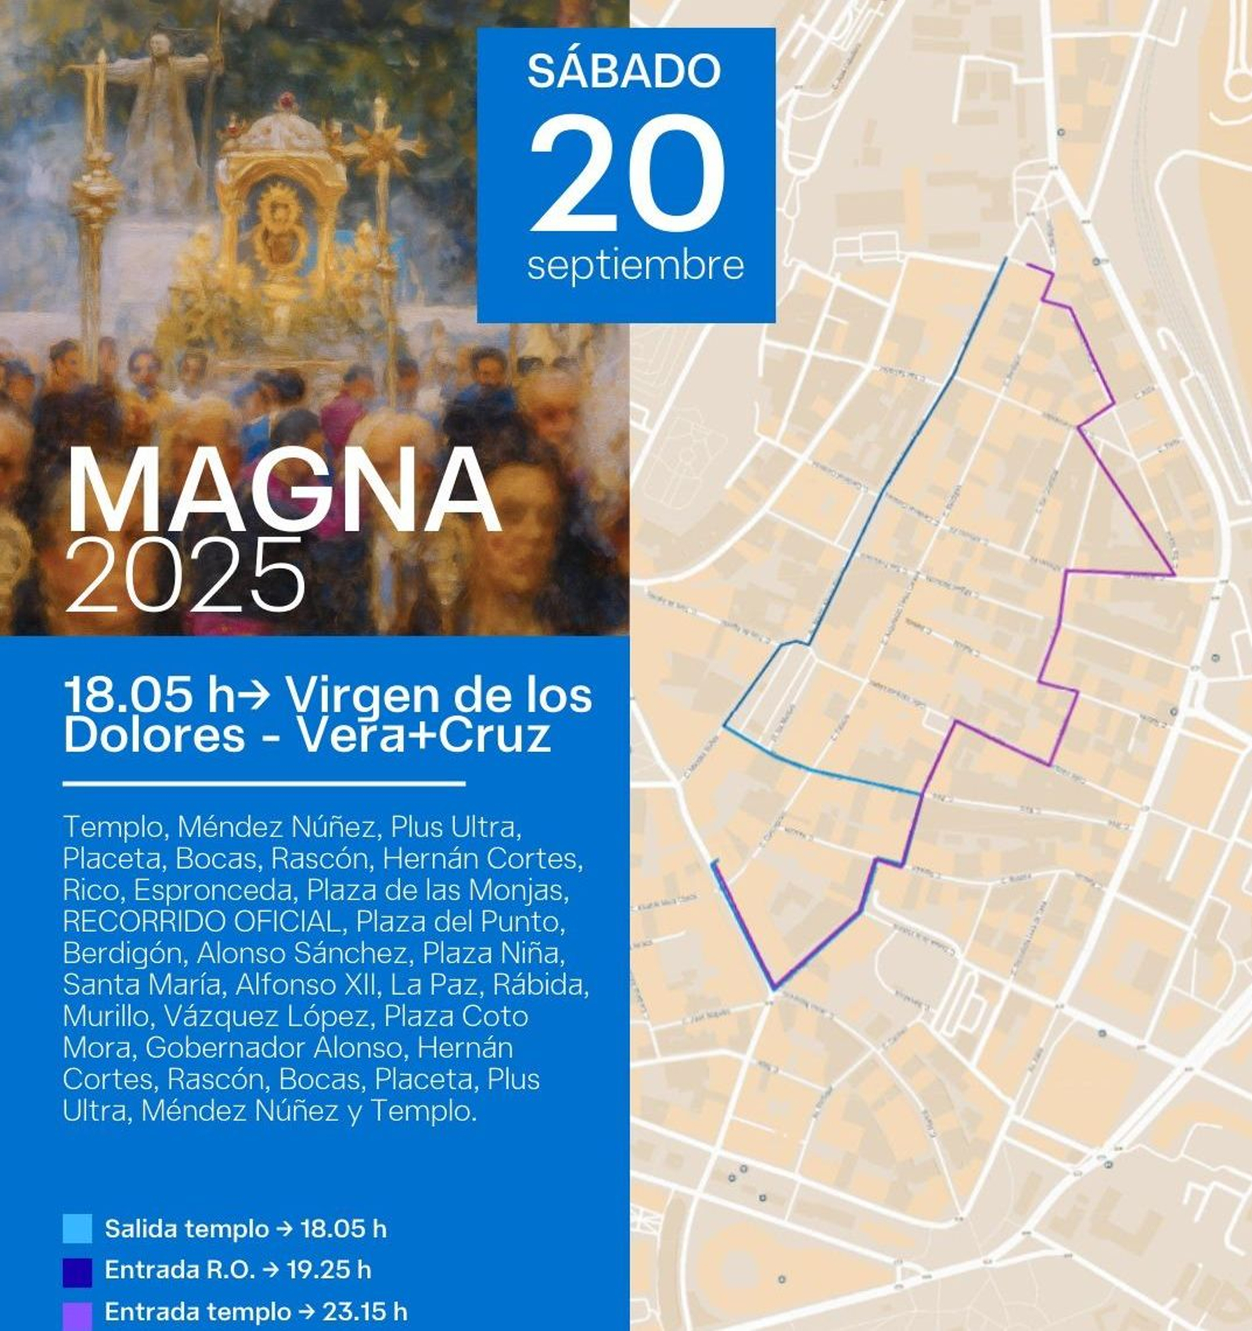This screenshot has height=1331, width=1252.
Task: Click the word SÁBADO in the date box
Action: pos(624,71)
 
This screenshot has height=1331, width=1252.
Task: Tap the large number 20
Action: pos(627,174)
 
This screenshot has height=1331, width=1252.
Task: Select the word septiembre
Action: pos(635,265)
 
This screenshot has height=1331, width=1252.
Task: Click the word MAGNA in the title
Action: pos(283,492)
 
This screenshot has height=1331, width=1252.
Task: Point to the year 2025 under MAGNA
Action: pos(186,577)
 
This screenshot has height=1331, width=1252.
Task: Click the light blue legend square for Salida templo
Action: pos(77,1228)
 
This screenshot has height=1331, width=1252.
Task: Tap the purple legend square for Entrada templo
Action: pos(77,1313)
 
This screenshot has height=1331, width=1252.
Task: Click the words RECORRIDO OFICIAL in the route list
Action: pos(203,922)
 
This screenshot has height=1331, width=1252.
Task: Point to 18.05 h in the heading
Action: pos(149,694)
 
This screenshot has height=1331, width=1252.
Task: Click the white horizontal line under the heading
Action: pos(264,783)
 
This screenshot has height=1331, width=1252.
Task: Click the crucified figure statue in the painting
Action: pos(160,94)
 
